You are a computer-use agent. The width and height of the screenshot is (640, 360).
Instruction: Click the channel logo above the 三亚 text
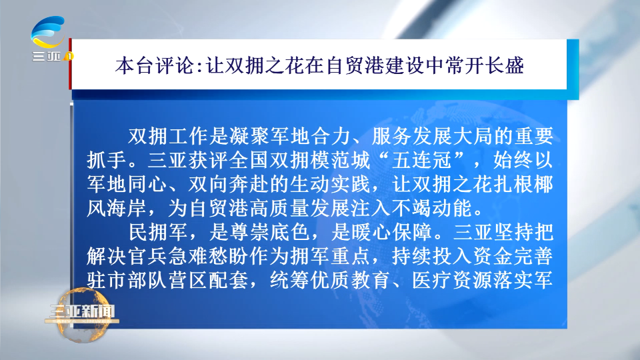pos(48,32)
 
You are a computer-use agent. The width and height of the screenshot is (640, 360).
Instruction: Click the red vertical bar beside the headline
pos(70,64)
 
